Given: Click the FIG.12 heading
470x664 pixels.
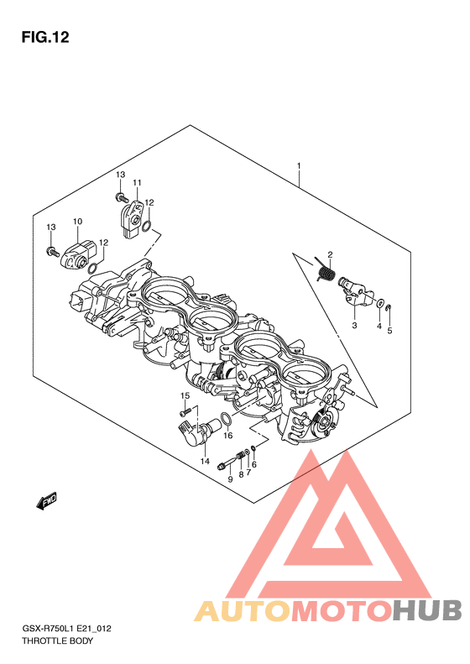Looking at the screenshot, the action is click(44, 37).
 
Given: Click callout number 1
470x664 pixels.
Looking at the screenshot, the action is click(299, 165).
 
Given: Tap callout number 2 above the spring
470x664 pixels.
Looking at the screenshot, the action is click(330, 254).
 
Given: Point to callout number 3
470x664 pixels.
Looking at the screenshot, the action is click(354, 325).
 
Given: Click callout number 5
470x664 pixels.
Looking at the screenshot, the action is click(389, 331).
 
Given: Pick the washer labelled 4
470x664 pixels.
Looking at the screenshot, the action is click(380, 303).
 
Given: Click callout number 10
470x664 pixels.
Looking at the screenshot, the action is click(77, 221).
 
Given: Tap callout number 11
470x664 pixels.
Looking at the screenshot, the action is click(136, 182).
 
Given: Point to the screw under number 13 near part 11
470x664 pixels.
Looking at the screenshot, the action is click(121, 196).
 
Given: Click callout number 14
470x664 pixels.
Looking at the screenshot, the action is click(205, 461).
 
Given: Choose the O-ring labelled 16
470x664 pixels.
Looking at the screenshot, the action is click(227, 418).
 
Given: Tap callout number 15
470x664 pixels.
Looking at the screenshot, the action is click(185, 395).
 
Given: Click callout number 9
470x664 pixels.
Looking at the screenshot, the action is click(230, 479).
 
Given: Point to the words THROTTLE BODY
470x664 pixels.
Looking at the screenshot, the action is click(57, 640).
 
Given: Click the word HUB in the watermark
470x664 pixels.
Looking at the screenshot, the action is click(426, 610).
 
